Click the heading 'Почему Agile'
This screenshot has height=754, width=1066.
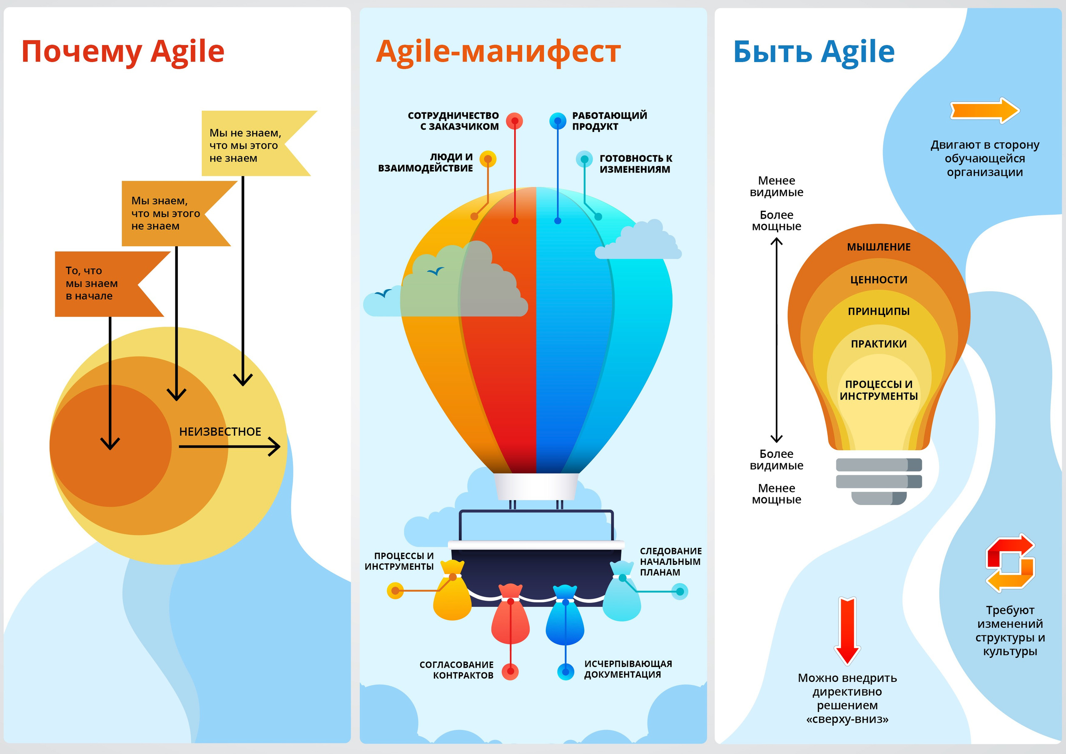[x=123, y=52]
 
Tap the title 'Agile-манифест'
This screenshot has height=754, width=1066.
[x=498, y=52]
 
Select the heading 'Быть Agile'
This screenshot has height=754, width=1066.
[x=813, y=52]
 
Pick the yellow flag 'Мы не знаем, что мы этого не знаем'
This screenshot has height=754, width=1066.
[x=246, y=145]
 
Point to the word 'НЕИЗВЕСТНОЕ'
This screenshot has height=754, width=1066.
[x=220, y=432]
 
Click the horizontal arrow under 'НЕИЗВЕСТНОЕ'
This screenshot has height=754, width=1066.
[x=229, y=447]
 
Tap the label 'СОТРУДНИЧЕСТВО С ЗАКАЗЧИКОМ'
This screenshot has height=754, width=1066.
[x=453, y=121]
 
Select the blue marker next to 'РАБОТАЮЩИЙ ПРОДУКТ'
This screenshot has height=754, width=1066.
[x=558, y=121]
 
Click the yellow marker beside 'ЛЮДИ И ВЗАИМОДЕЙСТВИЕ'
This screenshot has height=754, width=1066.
[x=488, y=159]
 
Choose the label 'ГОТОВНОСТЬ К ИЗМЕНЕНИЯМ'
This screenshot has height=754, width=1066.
[x=635, y=164]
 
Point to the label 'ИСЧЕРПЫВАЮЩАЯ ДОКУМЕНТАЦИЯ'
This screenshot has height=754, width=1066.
[x=627, y=669]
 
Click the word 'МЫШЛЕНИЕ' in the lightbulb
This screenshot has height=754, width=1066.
[x=879, y=247]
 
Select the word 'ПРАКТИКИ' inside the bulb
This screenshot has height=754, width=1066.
[x=879, y=344]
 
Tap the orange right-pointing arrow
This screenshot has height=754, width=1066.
[x=985, y=110]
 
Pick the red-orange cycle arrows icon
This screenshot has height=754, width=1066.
[x=1010, y=563]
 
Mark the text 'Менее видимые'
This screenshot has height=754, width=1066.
[x=776, y=186]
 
